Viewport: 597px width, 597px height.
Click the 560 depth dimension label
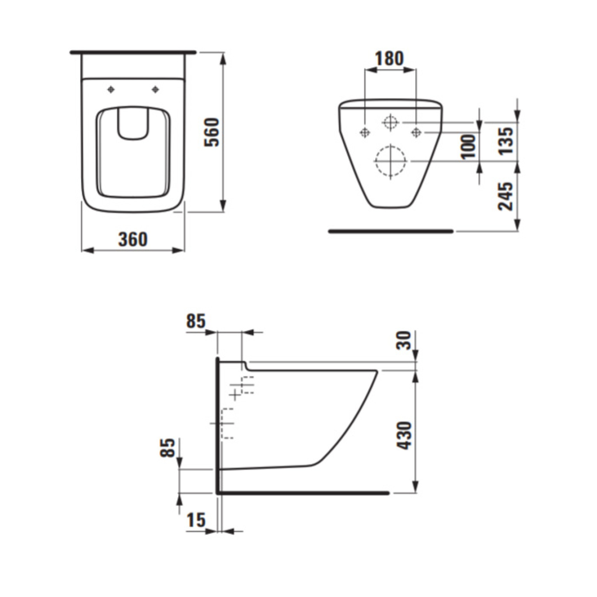(x=212, y=132)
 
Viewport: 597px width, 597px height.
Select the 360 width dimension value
(x=133, y=239)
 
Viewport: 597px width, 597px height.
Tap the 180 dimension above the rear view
(x=389, y=59)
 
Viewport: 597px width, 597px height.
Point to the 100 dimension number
(x=469, y=146)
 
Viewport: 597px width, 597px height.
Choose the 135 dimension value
(x=506, y=140)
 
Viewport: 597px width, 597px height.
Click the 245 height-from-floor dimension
(x=506, y=197)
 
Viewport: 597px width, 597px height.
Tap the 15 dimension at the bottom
(x=196, y=520)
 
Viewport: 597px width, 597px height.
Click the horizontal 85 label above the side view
(x=196, y=321)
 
